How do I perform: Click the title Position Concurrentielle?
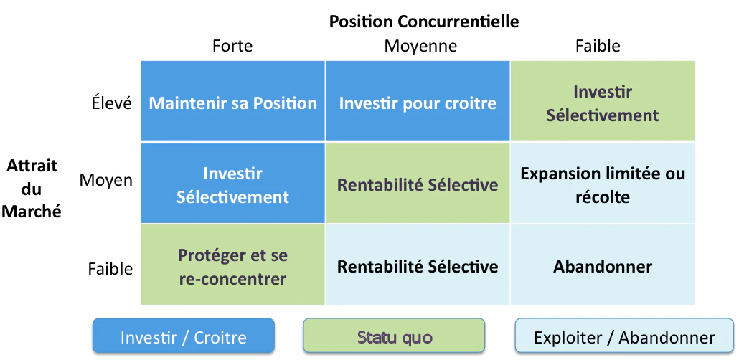pyautogui.click(x=424, y=22)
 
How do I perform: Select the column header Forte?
pyautogui.click(x=232, y=46)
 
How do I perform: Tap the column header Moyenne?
pyautogui.click(x=420, y=46)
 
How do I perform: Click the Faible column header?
pyautogui.click(x=598, y=46)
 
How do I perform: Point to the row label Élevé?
pyautogui.click(x=112, y=103)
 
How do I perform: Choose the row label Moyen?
pyautogui.click(x=106, y=181)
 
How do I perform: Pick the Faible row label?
pyautogui.click(x=110, y=269)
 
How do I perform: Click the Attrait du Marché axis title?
pyautogui.click(x=32, y=189)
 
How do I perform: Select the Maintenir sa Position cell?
pyautogui.click(x=233, y=101)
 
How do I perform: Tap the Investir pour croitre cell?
pyautogui.click(x=418, y=101)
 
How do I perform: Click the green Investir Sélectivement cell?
pyautogui.click(x=603, y=101)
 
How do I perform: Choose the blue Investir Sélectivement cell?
pyautogui.click(x=233, y=184)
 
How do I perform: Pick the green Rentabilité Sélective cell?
pyautogui.click(x=418, y=184)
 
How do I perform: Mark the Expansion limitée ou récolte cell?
pyautogui.click(x=603, y=184)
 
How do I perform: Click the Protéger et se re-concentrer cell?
pyautogui.click(x=233, y=265)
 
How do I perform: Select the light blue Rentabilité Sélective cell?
pyautogui.click(x=418, y=265)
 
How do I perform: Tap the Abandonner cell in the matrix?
pyautogui.click(x=603, y=265)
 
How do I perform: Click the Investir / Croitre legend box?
pyautogui.click(x=184, y=336)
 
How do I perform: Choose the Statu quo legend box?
pyautogui.click(x=394, y=336)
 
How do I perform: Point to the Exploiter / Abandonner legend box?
pyautogui.click(x=624, y=336)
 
